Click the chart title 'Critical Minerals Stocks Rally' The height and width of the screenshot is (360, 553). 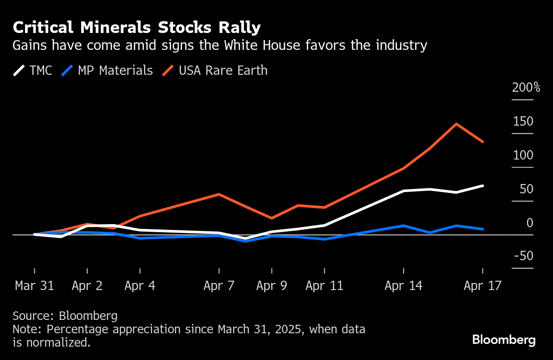pyautogui.click(x=136, y=28)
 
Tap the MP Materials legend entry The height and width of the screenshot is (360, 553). pyautogui.click(x=107, y=70)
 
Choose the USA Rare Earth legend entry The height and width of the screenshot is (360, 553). pyautogui.click(x=215, y=70)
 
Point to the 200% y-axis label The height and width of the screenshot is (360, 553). pyautogui.click(x=526, y=87)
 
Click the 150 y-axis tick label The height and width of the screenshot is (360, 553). pyautogui.click(x=523, y=121)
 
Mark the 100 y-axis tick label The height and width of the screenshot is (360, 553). pyautogui.click(x=523, y=155)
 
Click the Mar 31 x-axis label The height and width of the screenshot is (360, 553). pyautogui.click(x=34, y=286)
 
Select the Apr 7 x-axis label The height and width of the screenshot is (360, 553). pyautogui.click(x=219, y=286)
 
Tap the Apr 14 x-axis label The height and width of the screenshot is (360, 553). pyautogui.click(x=404, y=286)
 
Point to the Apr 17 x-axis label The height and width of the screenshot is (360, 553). pyautogui.click(x=483, y=286)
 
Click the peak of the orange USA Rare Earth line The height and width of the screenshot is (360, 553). pyautogui.click(x=456, y=124)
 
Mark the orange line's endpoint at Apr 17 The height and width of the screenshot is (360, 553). pyautogui.click(x=483, y=142)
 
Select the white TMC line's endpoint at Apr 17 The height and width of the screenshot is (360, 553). pyautogui.click(x=483, y=185)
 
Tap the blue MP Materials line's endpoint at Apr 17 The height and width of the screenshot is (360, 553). pyautogui.click(x=483, y=229)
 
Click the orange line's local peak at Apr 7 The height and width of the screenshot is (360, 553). pyautogui.click(x=219, y=194)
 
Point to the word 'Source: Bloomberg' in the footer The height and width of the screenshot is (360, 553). pyautogui.click(x=65, y=316)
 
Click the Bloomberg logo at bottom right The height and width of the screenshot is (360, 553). pyautogui.click(x=504, y=340)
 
